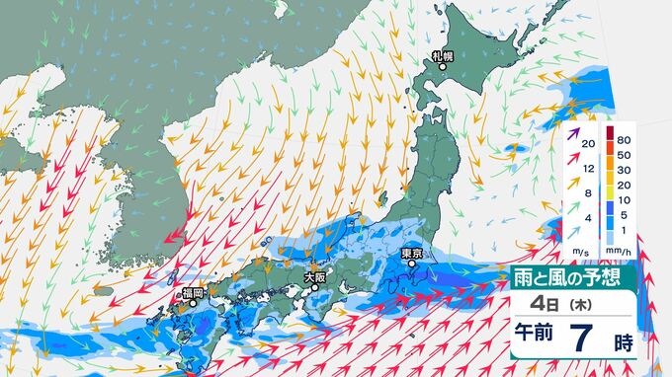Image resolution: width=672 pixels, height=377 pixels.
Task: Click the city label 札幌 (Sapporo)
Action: point(441,54)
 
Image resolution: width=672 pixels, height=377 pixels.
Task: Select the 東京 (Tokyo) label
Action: point(412,254)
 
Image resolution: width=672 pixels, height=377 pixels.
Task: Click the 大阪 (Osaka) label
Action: point(314,277)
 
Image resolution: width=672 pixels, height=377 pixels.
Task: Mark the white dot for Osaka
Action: point(315,288)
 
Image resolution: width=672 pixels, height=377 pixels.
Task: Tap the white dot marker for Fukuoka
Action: point(196,305)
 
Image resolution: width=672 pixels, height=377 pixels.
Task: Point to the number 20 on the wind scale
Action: point(589,145)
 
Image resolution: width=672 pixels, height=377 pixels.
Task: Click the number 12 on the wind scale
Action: point(589,170)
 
